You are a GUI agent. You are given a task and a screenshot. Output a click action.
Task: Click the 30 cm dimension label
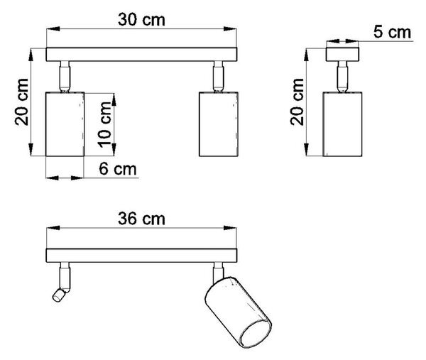(x=141, y=20)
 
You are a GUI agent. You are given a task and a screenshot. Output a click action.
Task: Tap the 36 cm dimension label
(x=141, y=219)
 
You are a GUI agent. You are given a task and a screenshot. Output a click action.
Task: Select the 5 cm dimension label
(x=392, y=32)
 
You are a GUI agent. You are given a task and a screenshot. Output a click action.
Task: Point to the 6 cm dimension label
(x=118, y=169)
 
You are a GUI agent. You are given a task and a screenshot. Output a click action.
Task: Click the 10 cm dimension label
(x=104, y=125)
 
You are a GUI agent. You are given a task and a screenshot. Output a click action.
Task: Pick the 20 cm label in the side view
(x=297, y=102)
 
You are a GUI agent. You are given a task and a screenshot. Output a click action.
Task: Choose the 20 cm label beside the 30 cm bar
(x=21, y=102)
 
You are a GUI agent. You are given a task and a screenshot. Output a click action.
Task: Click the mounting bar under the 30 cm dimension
(x=141, y=55)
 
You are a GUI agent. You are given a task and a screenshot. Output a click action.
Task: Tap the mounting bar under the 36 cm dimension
(x=141, y=256)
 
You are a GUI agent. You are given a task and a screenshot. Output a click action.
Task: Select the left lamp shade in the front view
(x=65, y=124)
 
